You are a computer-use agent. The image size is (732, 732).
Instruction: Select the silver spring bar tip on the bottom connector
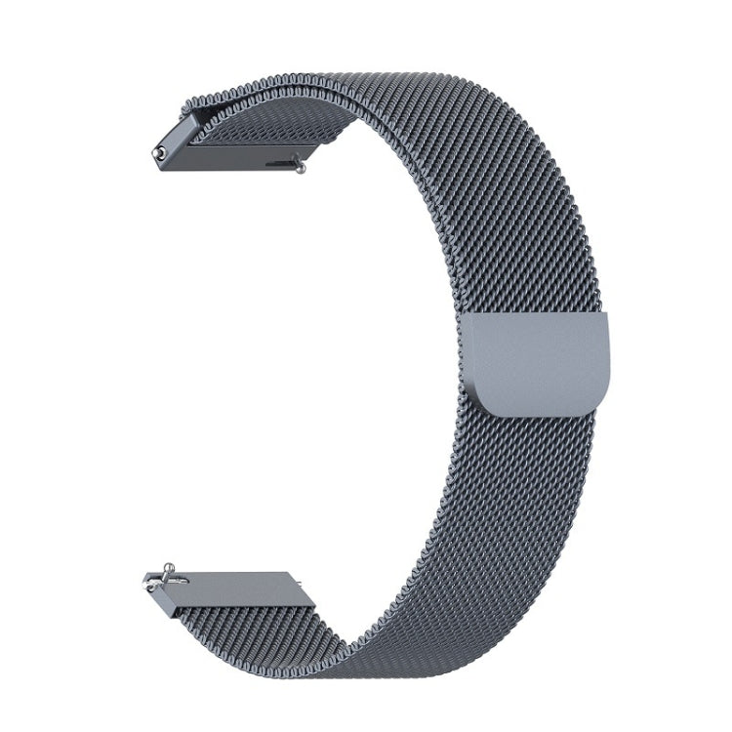tap(150, 586)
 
